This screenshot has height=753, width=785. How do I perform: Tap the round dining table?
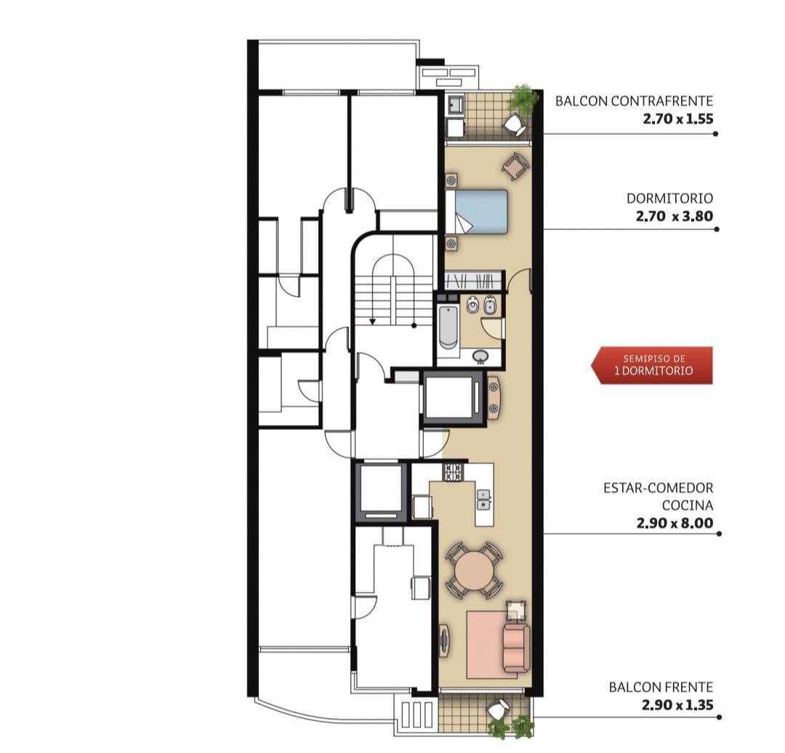(474, 570)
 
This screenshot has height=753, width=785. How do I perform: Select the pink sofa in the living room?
(516, 648)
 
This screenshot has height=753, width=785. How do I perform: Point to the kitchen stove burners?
(453, 473)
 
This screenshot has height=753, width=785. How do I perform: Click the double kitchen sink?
(483, 500)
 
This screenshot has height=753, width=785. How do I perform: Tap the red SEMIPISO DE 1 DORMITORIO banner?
(652, 365)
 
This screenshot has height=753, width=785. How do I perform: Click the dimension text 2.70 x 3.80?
(675, 216)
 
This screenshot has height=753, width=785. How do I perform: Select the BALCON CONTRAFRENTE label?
(635, 101)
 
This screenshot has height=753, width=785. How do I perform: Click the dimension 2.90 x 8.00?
(675, 523)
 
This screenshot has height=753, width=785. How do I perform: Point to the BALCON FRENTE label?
(661, 687)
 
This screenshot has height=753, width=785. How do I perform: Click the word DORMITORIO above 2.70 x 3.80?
(670, 199)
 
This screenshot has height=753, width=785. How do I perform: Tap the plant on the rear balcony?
(522, 99)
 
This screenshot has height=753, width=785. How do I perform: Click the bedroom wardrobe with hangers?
(473, 280)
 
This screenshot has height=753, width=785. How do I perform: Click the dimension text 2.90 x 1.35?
(677, 705)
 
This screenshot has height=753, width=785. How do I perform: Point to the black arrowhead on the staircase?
(372, 322)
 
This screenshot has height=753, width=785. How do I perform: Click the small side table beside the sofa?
(515, 610)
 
